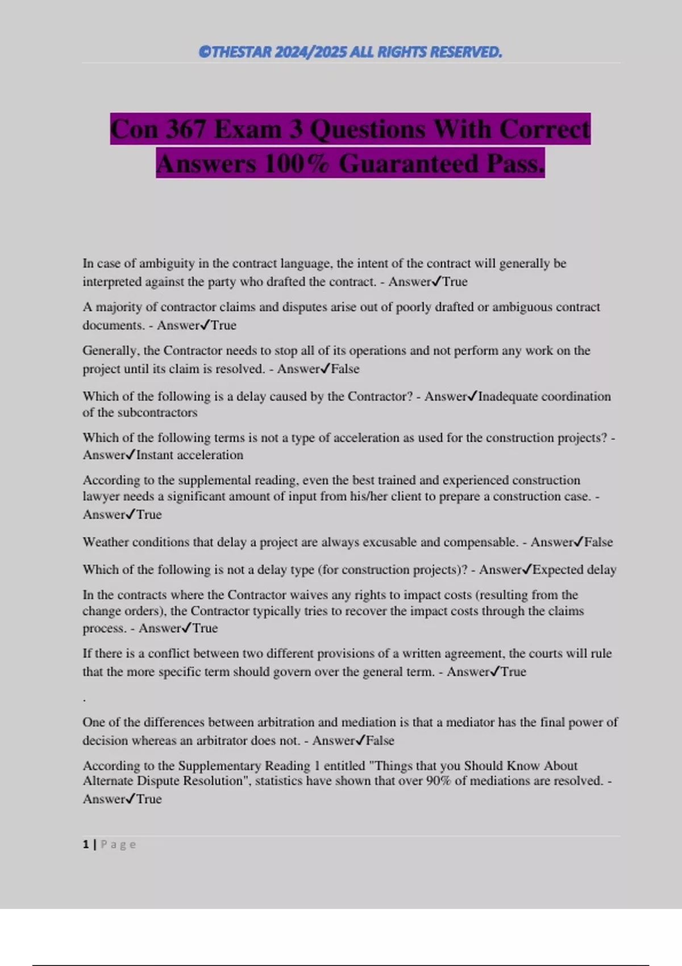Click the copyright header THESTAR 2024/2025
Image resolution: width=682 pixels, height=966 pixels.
(350, 52)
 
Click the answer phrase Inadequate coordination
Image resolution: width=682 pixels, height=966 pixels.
(544, 397)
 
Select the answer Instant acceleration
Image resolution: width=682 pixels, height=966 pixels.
(189, 455)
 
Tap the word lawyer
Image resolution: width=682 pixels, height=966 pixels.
(101, 497)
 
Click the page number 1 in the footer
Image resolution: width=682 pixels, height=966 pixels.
(86, 844)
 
